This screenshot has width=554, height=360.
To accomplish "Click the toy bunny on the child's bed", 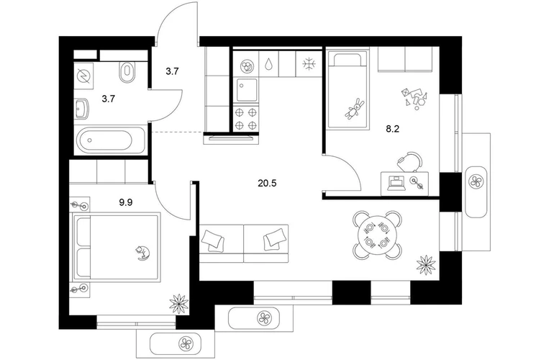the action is click(355, 108).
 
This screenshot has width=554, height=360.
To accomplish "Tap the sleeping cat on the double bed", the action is click(142, 253).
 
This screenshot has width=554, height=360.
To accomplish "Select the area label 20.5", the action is click(267, 183).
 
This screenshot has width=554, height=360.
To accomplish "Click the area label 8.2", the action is click(392, 129).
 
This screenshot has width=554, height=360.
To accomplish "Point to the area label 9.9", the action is click(125, 202).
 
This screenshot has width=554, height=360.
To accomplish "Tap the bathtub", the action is click(106, 140).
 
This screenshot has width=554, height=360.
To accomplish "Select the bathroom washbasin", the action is click(81, 108).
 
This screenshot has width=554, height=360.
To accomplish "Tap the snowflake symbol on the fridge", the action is click(309, 64).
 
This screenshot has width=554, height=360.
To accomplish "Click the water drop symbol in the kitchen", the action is click(269, 64).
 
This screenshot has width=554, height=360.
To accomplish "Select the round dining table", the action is click(377, 235).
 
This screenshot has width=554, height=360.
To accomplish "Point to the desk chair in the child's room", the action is click(410, 162).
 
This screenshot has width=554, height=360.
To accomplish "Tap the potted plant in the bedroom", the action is click(179, 304).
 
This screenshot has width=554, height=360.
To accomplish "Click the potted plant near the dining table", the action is click(426, 264).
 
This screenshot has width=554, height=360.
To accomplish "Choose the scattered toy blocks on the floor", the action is click(414, 97).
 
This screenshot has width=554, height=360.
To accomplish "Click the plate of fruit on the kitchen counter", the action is click(246, 66).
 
